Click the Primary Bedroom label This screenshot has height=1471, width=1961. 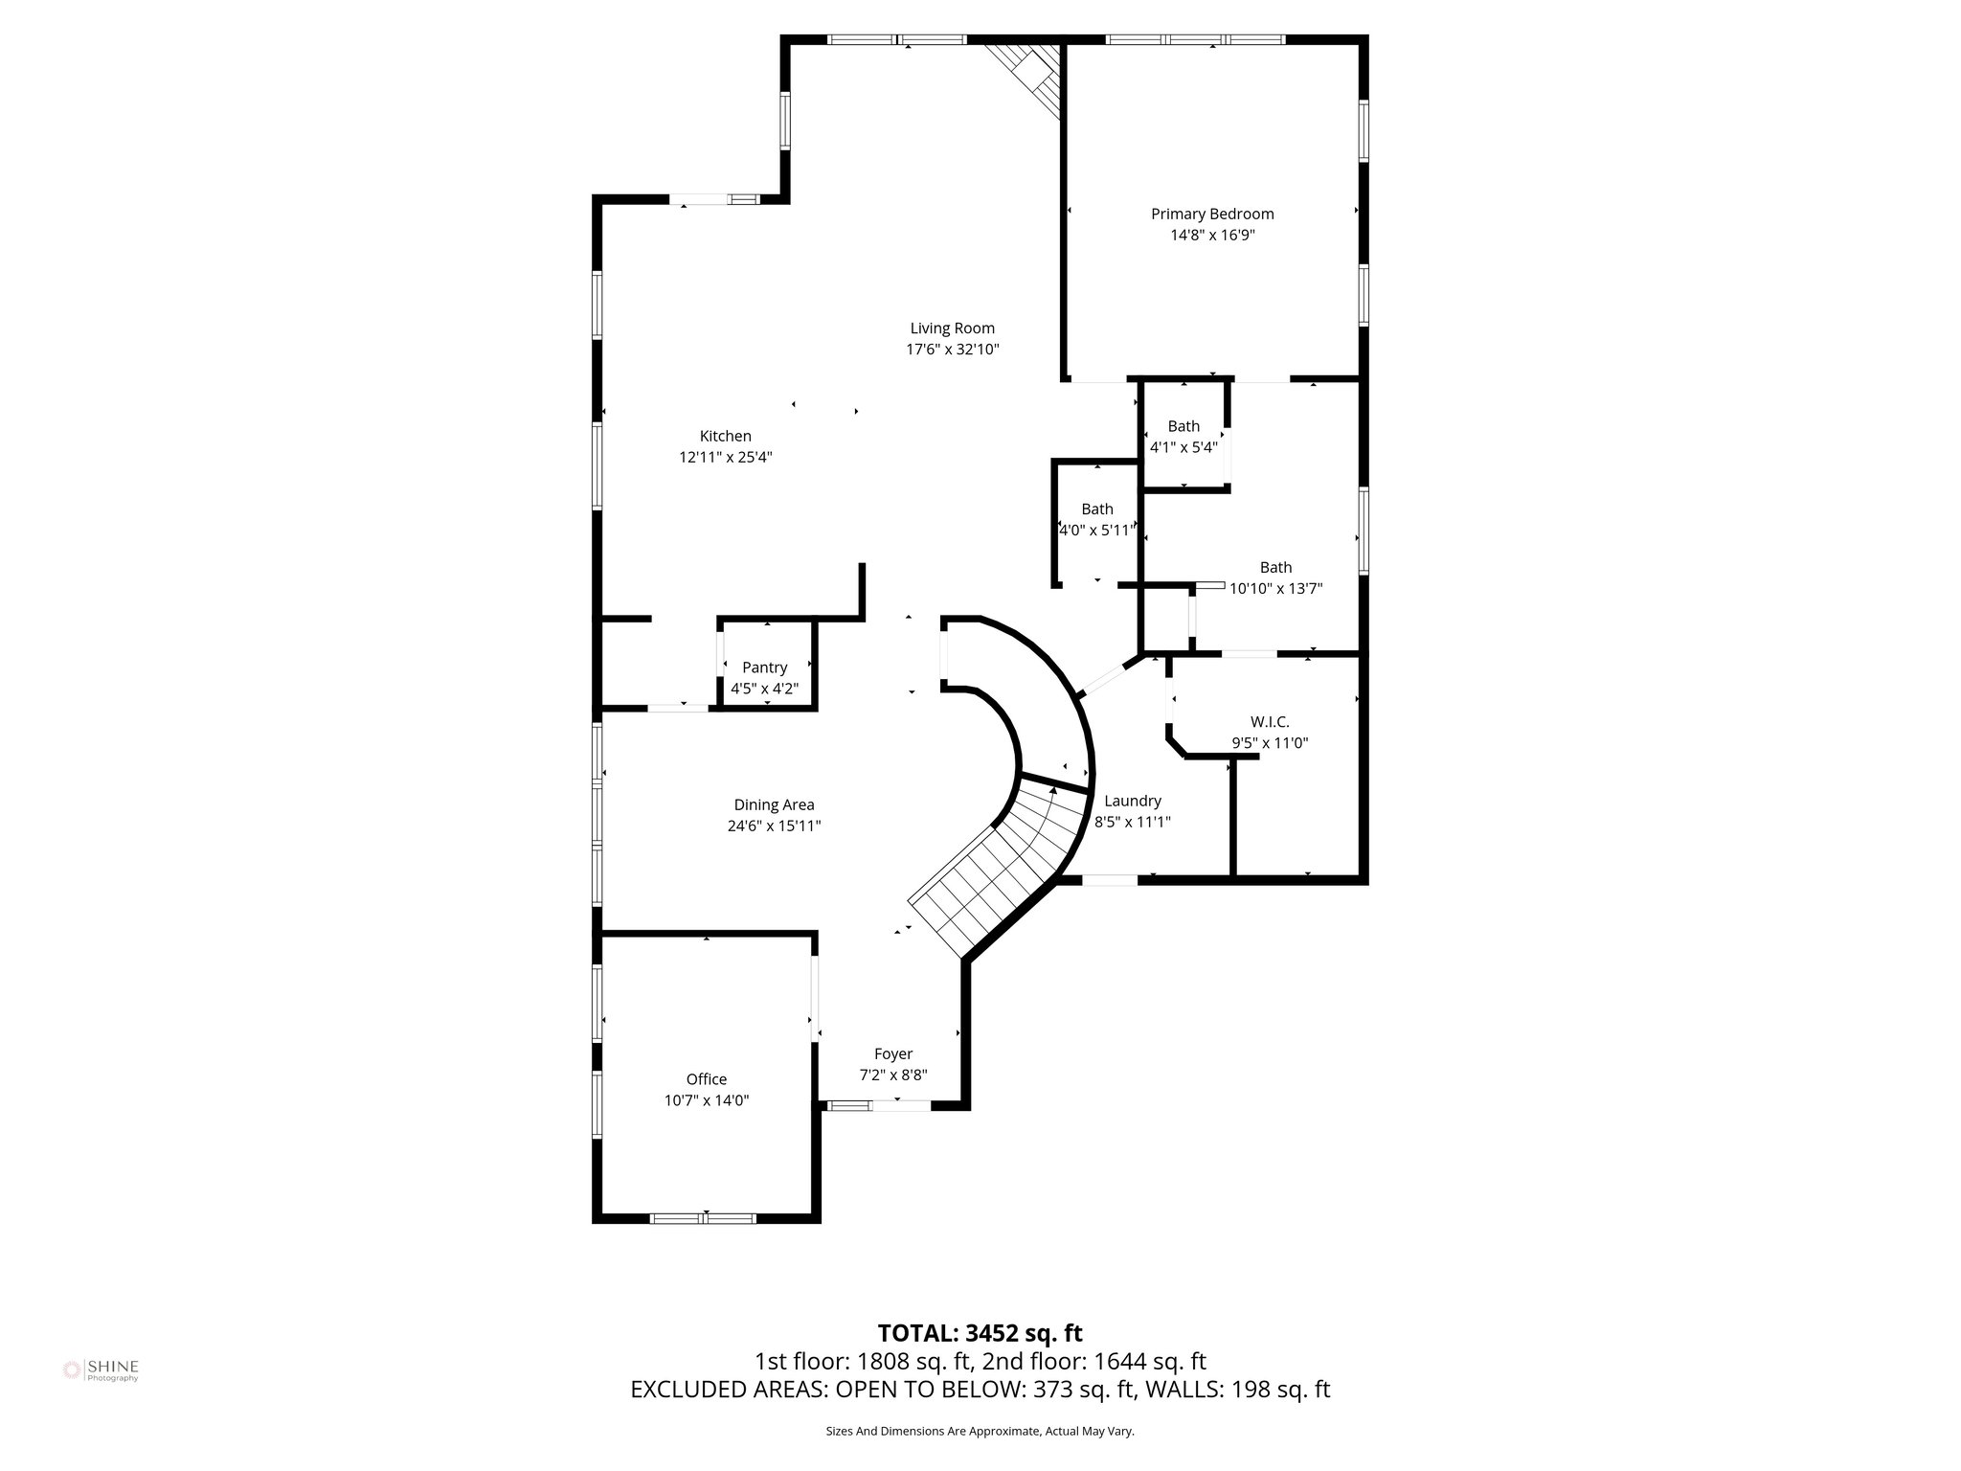pos(1212,214)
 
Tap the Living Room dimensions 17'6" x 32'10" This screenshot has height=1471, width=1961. pos(953,350)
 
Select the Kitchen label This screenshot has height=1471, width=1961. pos(725,436)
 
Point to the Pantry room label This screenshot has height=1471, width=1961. pos(764,668)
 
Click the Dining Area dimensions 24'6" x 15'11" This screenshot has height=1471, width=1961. pos(774,826)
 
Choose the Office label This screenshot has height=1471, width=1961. pos(707,1079)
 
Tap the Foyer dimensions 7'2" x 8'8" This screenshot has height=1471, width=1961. pos(893,1075)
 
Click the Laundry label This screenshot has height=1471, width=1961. pos(1133,801)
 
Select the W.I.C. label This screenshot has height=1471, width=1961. pos(1270,721)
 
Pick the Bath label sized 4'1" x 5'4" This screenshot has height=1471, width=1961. pos(1183,426)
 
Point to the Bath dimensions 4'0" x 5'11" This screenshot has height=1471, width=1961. pos(1097,530)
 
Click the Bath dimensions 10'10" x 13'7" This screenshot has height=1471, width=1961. pos(1275,589)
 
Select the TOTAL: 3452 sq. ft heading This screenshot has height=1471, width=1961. pos(980,1333)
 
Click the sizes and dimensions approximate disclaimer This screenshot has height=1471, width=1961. pos(980,1431)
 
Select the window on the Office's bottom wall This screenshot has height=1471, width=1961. pos(704,1218)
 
